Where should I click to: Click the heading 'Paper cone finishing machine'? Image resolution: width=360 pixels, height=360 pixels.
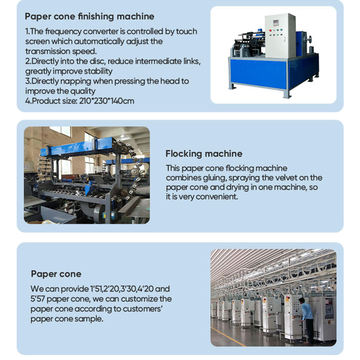[x=89, y=16]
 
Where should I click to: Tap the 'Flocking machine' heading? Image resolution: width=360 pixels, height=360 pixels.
[x=204, y=154]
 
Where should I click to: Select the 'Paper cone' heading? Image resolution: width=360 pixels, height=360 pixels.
[x=56, y=274]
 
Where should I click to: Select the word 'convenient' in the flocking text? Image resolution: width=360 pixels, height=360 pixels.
[x=218, y=197]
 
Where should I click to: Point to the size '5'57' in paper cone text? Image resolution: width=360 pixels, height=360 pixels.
[x=39, y=299]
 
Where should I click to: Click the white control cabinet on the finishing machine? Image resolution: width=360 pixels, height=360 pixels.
[x=280, y=36]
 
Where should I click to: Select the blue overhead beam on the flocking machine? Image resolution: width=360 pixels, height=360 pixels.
[x=79, y=147]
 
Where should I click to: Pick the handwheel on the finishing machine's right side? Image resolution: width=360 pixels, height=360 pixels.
[x=309, y=39]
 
